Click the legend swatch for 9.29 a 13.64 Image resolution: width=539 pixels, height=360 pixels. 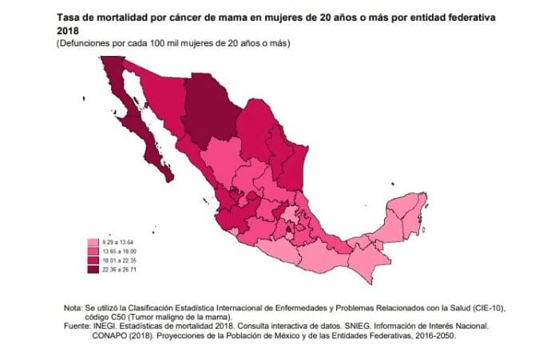tap(91, 243)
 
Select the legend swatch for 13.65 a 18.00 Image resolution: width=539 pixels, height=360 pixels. tap(91, 251)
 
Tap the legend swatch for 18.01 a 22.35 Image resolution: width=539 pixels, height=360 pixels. tap(91, 260)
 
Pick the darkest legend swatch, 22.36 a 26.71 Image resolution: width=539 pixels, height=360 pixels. tap(91, 270)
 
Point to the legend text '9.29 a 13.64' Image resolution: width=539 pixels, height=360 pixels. tap(113, 243)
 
